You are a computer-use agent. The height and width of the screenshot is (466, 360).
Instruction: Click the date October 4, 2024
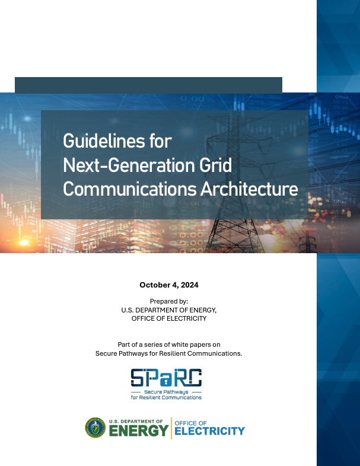(x=169, y=285)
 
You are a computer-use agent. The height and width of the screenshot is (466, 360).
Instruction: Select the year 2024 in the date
(x=188, y=285)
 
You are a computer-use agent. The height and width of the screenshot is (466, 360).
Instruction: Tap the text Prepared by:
(x=169, y=301)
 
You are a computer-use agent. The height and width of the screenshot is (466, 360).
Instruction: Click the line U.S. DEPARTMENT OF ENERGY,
(x=169, y=310)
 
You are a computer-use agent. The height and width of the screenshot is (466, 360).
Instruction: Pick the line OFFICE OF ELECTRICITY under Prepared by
(x=169, y=318)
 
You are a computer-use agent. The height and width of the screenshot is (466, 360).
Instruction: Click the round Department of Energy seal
(x=95, y=427)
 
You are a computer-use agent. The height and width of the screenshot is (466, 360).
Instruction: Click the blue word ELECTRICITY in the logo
(x=209, y=431)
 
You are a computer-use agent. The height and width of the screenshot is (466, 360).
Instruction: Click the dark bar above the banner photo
(x=148, y=85)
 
